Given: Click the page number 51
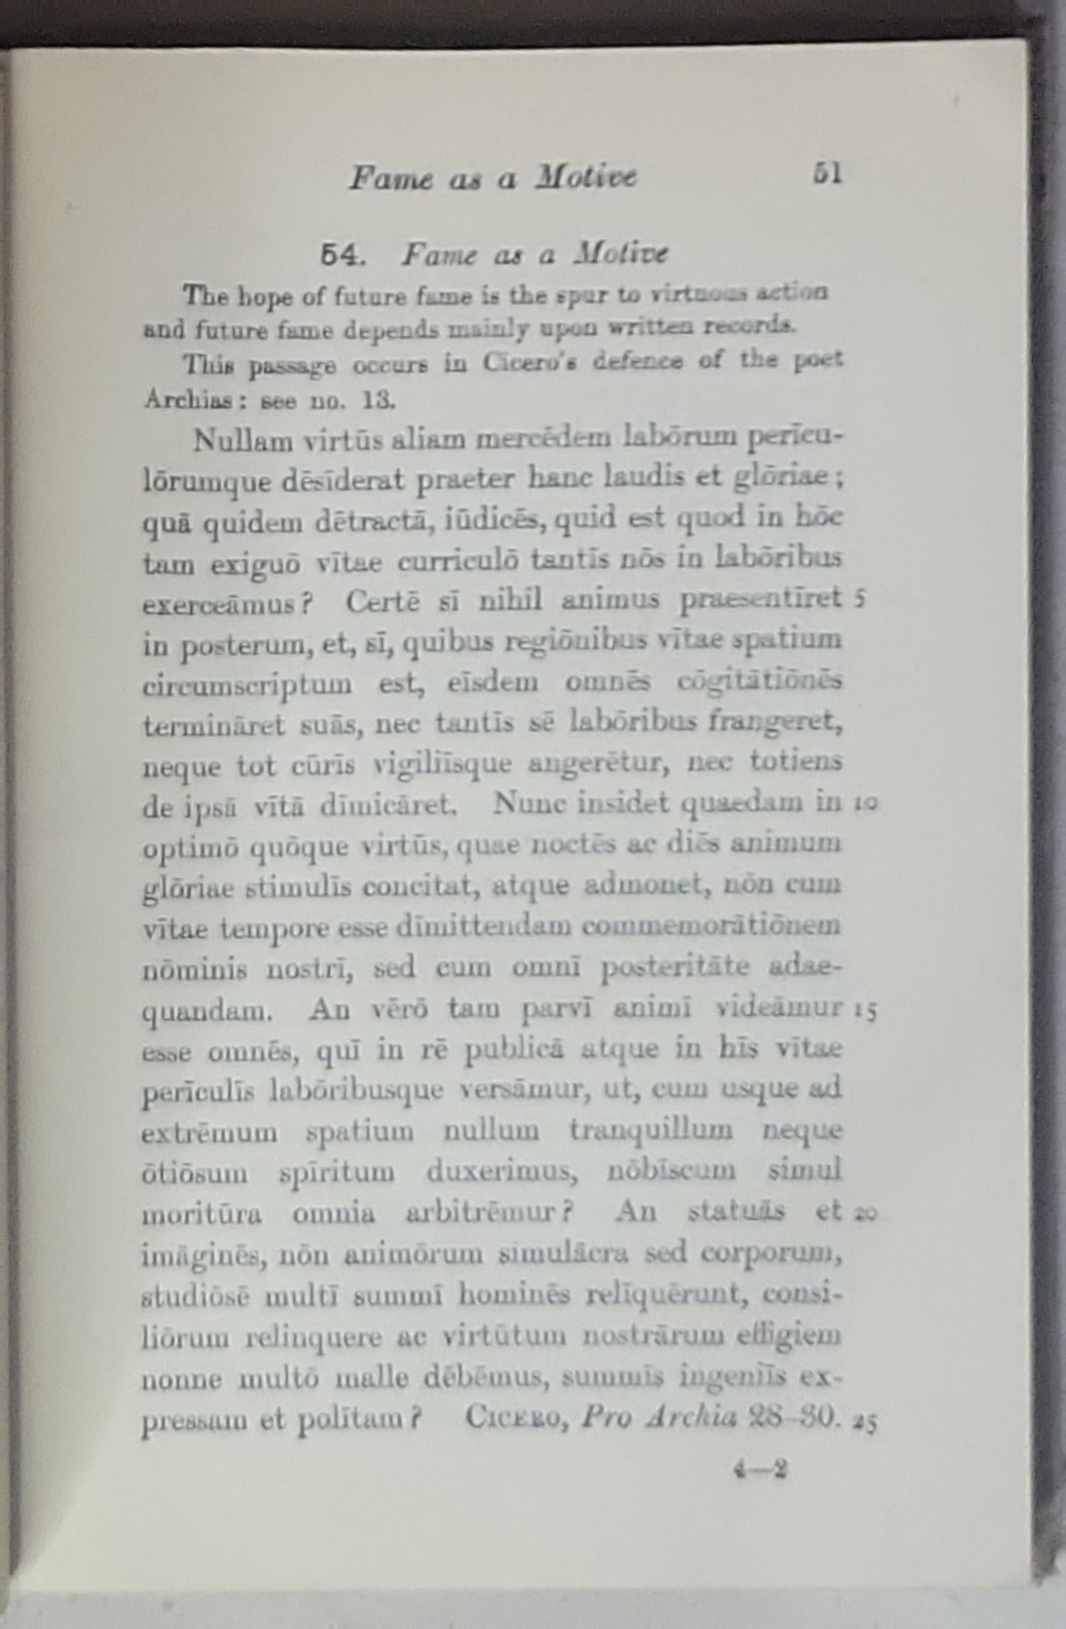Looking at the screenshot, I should (x=826, y=174).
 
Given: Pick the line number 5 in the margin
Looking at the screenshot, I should (x=860, y=599).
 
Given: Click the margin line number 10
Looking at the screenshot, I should (x=865, y=804).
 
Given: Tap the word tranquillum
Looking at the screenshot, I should (x=651, y=1131).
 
